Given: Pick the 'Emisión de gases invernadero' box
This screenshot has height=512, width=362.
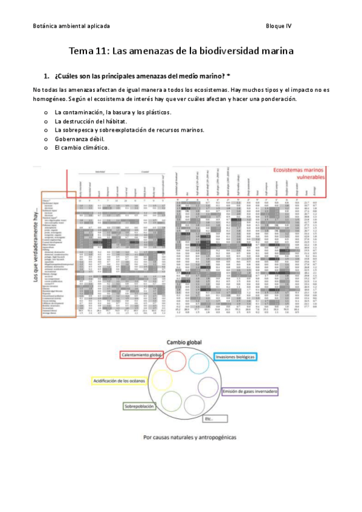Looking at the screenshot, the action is tap(249, 392).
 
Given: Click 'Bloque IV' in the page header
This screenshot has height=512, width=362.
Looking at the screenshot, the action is tap(279, 26).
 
